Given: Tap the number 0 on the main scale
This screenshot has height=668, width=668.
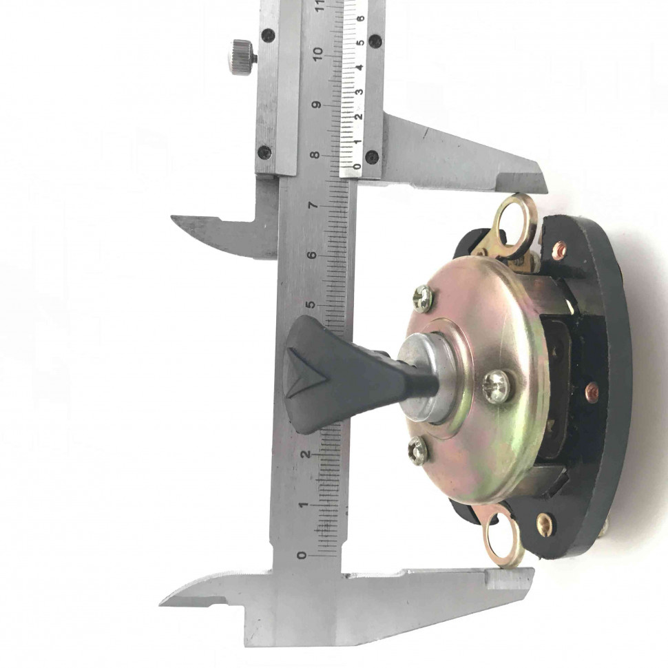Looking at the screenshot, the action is click(x=302, y=555).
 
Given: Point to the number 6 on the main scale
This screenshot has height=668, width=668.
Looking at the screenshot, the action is click(x=313, y=255).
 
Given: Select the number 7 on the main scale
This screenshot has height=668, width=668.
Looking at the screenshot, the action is click(x=314, y=205).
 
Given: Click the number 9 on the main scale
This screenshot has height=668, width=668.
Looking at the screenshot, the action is click(x=317, y=105).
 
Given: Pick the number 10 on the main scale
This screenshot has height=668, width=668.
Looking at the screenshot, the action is click(x=317, y=54).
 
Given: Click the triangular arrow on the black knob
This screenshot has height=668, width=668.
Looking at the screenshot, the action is click(x=306, y=373).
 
